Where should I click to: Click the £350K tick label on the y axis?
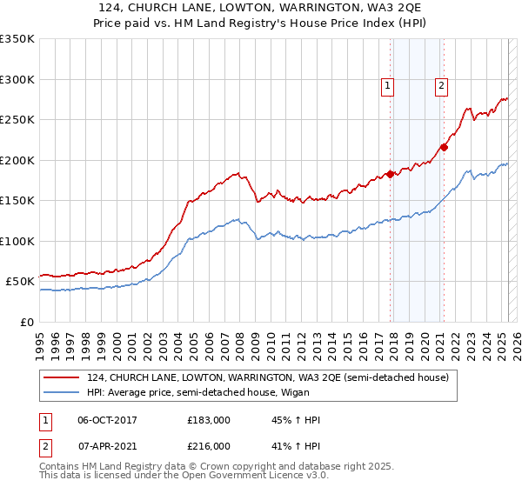coord(17,39)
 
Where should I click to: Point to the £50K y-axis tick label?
coord(20,282)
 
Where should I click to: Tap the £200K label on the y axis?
coord(17,160)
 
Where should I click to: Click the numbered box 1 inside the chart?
coord(386,85)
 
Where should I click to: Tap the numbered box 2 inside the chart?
coord(442,85)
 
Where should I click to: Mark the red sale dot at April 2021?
coord(444,147)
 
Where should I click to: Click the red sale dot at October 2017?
coord(390,174)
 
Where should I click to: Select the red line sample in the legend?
coord(63,377)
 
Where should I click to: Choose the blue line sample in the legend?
coord(63,392)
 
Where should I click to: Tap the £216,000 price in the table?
coord(209,446)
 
